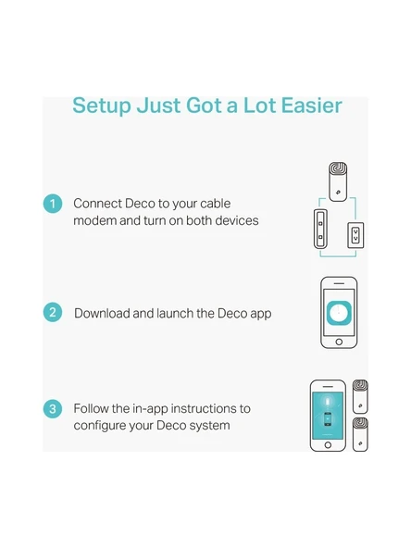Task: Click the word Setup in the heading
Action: coord(101,106)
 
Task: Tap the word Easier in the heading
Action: coord(311,106)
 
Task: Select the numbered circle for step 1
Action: coord(53,204)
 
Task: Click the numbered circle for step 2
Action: coord(53,312)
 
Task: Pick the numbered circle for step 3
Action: coord(53,409)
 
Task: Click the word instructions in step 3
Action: coord(205,408)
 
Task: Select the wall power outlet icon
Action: coord(355,235)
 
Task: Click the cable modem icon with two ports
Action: coord(320,229)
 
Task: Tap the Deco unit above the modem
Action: coord(338,181)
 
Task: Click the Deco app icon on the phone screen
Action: coord(339,313)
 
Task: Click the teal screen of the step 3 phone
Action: coord(328,416)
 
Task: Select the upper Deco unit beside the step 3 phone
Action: coord(360,397)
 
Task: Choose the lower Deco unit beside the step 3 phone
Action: coord(360,434)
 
